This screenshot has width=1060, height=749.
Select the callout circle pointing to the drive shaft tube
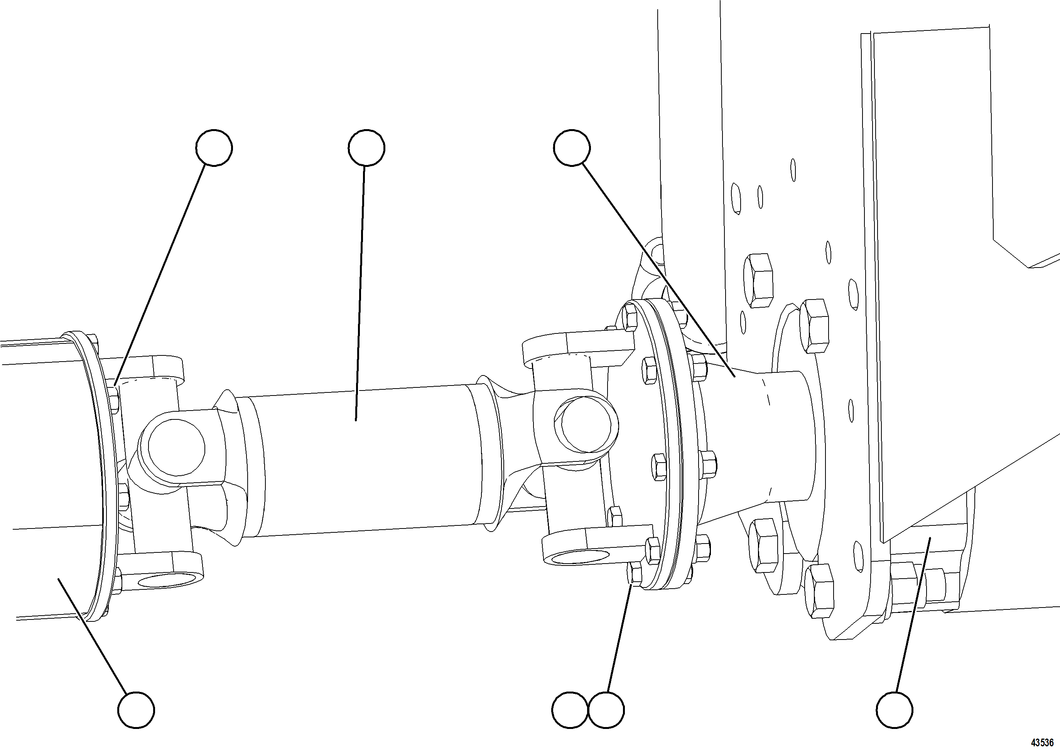[x=366, y=148]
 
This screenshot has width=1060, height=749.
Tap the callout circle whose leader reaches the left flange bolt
[x=214, y=148]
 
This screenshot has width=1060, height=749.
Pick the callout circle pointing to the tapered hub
[x=572, y=148]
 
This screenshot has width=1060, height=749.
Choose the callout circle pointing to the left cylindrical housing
[x=136, y=710]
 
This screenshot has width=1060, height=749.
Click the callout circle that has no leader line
[x=570, y=710]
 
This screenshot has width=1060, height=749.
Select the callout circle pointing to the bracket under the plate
[x=894, y=710]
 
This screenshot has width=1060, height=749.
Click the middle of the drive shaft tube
[x=360, y=461]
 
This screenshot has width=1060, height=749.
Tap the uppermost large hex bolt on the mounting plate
[x=758, y=280]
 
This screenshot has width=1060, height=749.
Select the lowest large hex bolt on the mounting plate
[x=819, y=591]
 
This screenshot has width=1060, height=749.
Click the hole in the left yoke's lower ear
[x=160, y=581]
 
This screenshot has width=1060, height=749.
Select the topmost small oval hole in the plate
[x=793, y=170]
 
